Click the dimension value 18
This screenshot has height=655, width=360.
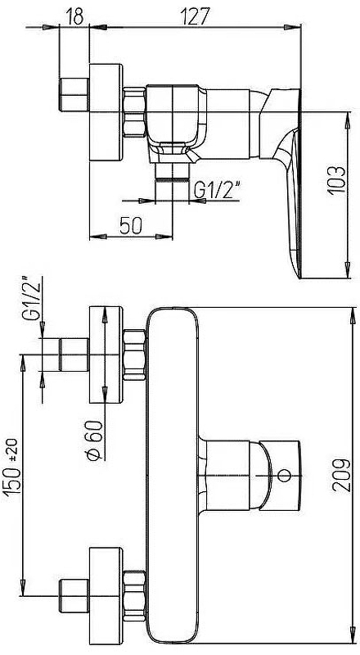(74, 16)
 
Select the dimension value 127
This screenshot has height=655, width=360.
(195, 16)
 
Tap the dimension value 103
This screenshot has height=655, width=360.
(336, 180)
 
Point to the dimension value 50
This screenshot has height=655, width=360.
(131, 226)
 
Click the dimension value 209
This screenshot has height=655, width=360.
(341, 475)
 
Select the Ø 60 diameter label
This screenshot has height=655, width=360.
(94, 440)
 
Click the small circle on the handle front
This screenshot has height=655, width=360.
(285, 475)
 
